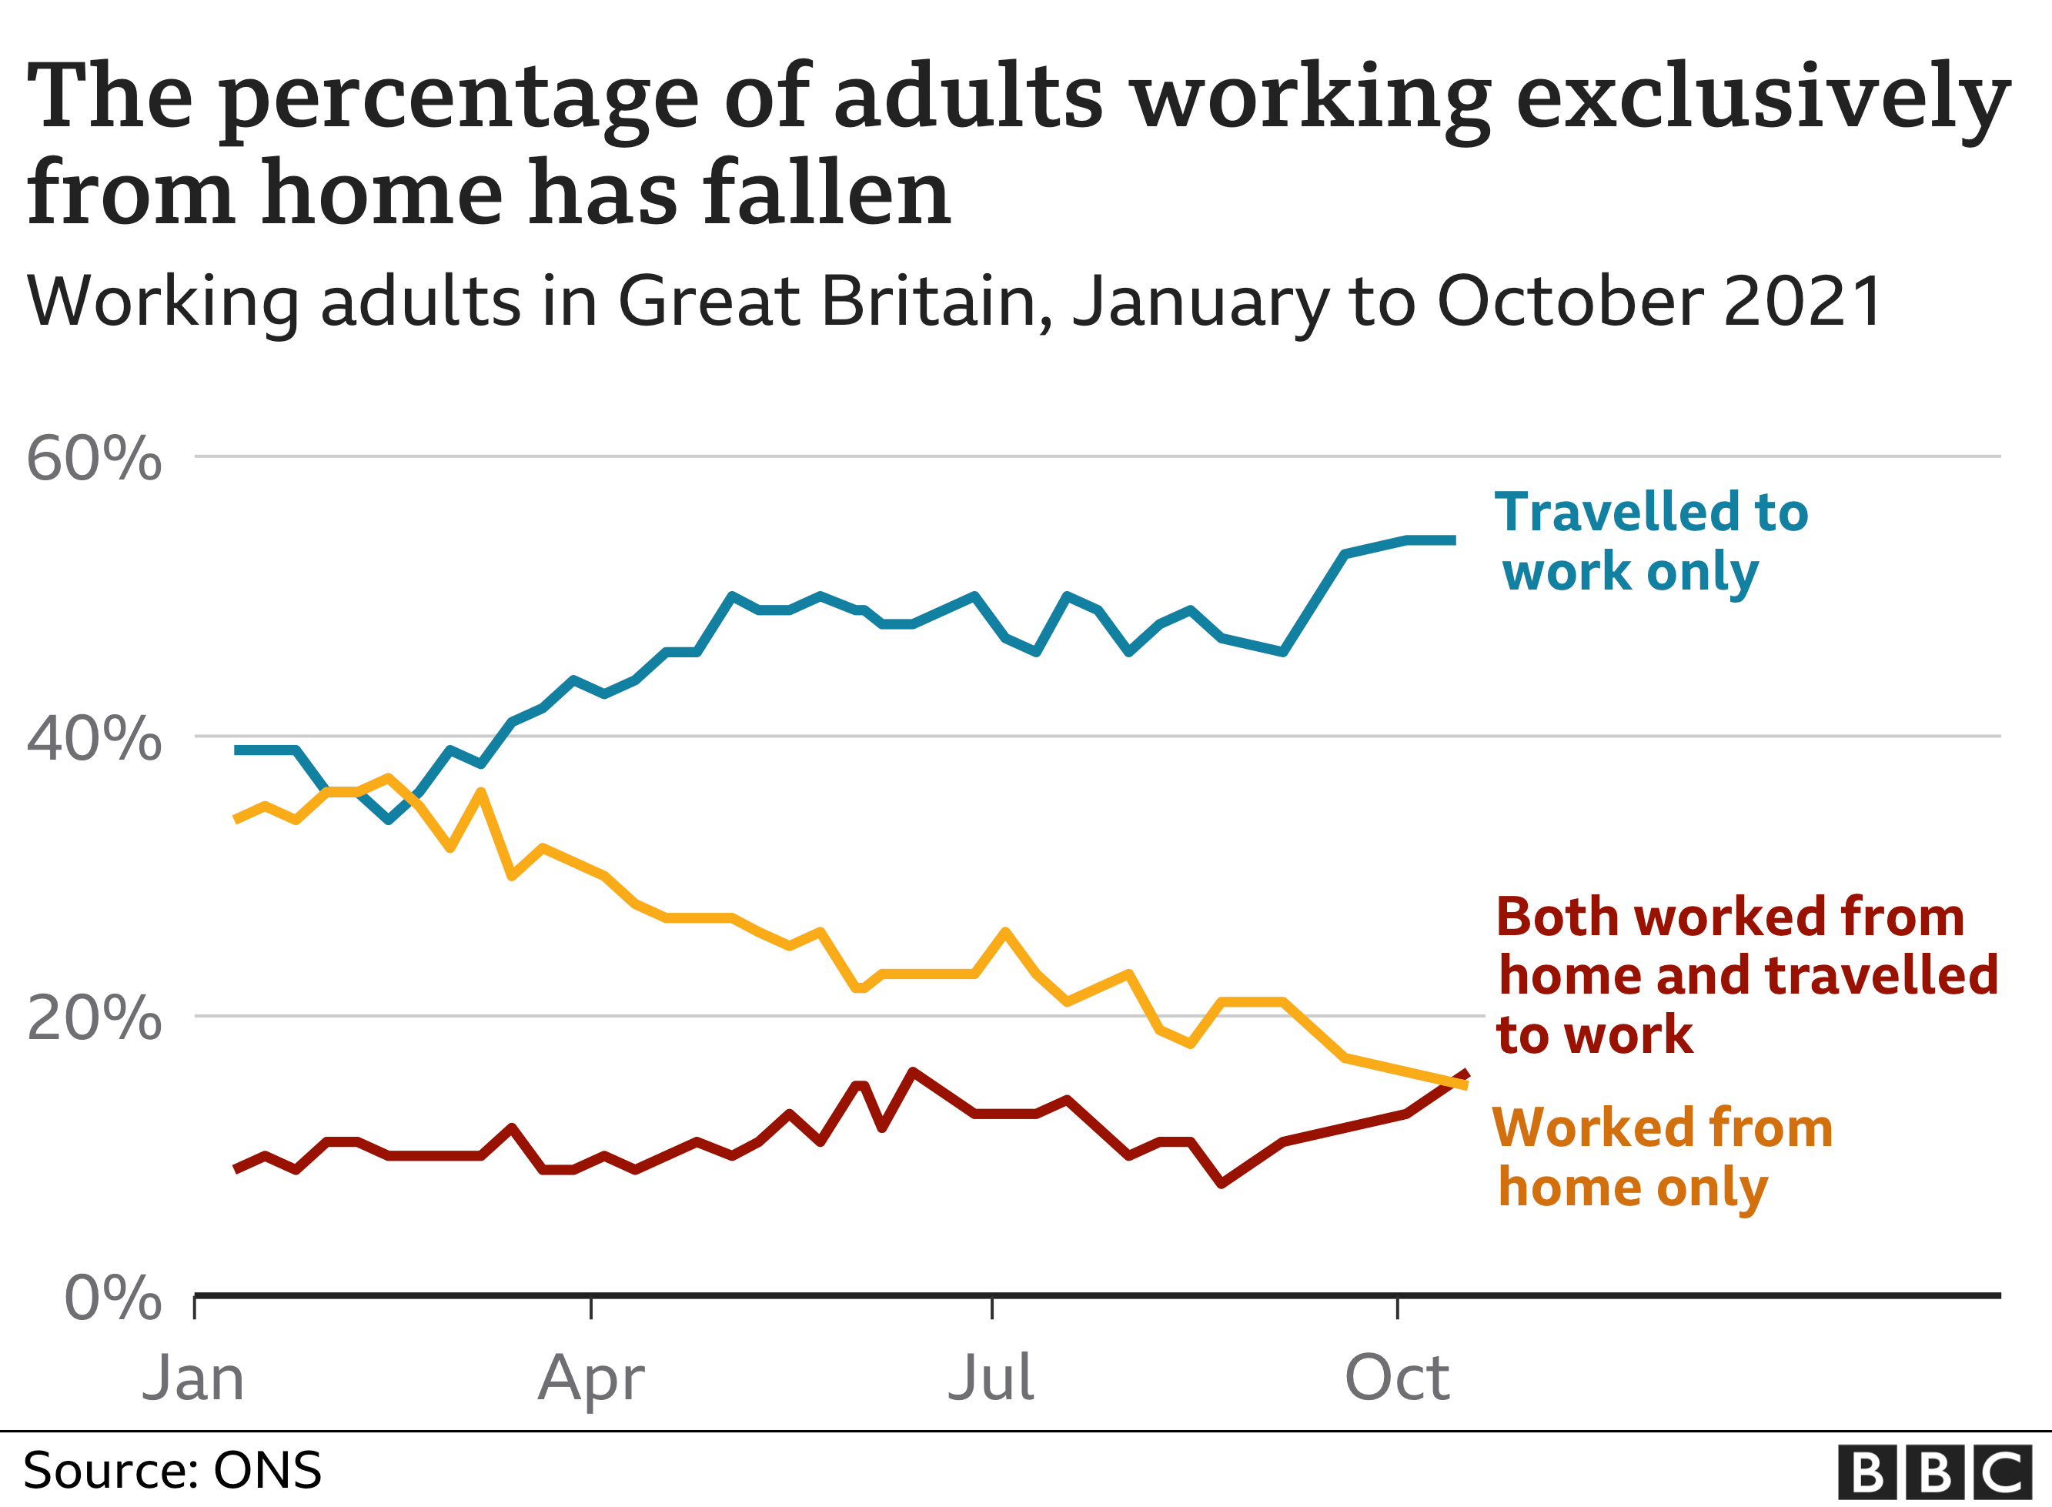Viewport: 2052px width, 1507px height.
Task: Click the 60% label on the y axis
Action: click(94, 458)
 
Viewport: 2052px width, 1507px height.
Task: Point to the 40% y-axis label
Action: click(94, 738)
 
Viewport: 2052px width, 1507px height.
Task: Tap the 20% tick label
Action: click(94, 1018)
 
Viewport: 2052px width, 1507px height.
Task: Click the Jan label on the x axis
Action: click(193, 1378)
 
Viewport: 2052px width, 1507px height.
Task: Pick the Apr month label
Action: click(591, 1378)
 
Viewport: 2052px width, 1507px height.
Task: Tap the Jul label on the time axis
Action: click(991, 1378)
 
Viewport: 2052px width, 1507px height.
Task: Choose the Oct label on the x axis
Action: click(1396, 1378)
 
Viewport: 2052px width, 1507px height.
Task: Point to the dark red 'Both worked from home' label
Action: click(1744, 975)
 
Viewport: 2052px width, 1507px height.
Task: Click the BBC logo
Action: click(1934, 1472)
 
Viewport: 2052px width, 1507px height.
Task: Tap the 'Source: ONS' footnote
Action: click(172, 1471)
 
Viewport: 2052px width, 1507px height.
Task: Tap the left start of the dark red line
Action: click(237, 1169)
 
